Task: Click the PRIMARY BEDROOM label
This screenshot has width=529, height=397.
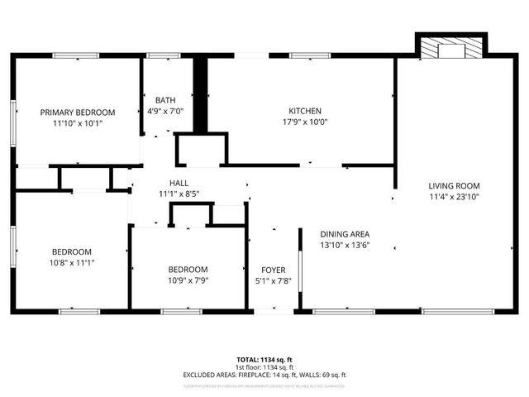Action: tap(79, 112)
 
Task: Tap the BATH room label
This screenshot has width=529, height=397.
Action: tap(165, 100)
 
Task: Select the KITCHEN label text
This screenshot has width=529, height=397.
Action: tap(304, 111)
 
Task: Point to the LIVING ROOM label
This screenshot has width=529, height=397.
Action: tap(454, 186)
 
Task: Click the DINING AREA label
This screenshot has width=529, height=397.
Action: tap(345, 234)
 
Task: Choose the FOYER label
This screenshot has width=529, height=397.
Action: tap(273, 270)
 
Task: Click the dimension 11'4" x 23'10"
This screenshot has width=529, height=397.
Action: tap(454, 197)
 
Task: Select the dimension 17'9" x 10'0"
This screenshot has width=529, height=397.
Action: tap(304, 122)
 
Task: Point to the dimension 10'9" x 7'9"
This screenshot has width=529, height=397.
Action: tap(188, 280)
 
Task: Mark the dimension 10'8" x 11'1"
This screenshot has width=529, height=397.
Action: tap(72, 262)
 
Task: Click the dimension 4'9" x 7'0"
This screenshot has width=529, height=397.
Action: tap(165, 111)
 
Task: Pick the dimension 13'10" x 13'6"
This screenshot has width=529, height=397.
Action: tap(345, 245)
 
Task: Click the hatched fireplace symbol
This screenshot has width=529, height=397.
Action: tap(451, 47)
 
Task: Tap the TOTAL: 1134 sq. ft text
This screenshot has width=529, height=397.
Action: tap(264, 359)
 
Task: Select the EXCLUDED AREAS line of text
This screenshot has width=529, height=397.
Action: tap(264, 375)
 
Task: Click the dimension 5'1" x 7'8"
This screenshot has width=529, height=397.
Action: tap(273, 280)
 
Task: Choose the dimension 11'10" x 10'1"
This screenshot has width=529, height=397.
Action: tap(79, 122)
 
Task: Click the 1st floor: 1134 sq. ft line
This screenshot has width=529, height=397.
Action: tap(264, 367)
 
